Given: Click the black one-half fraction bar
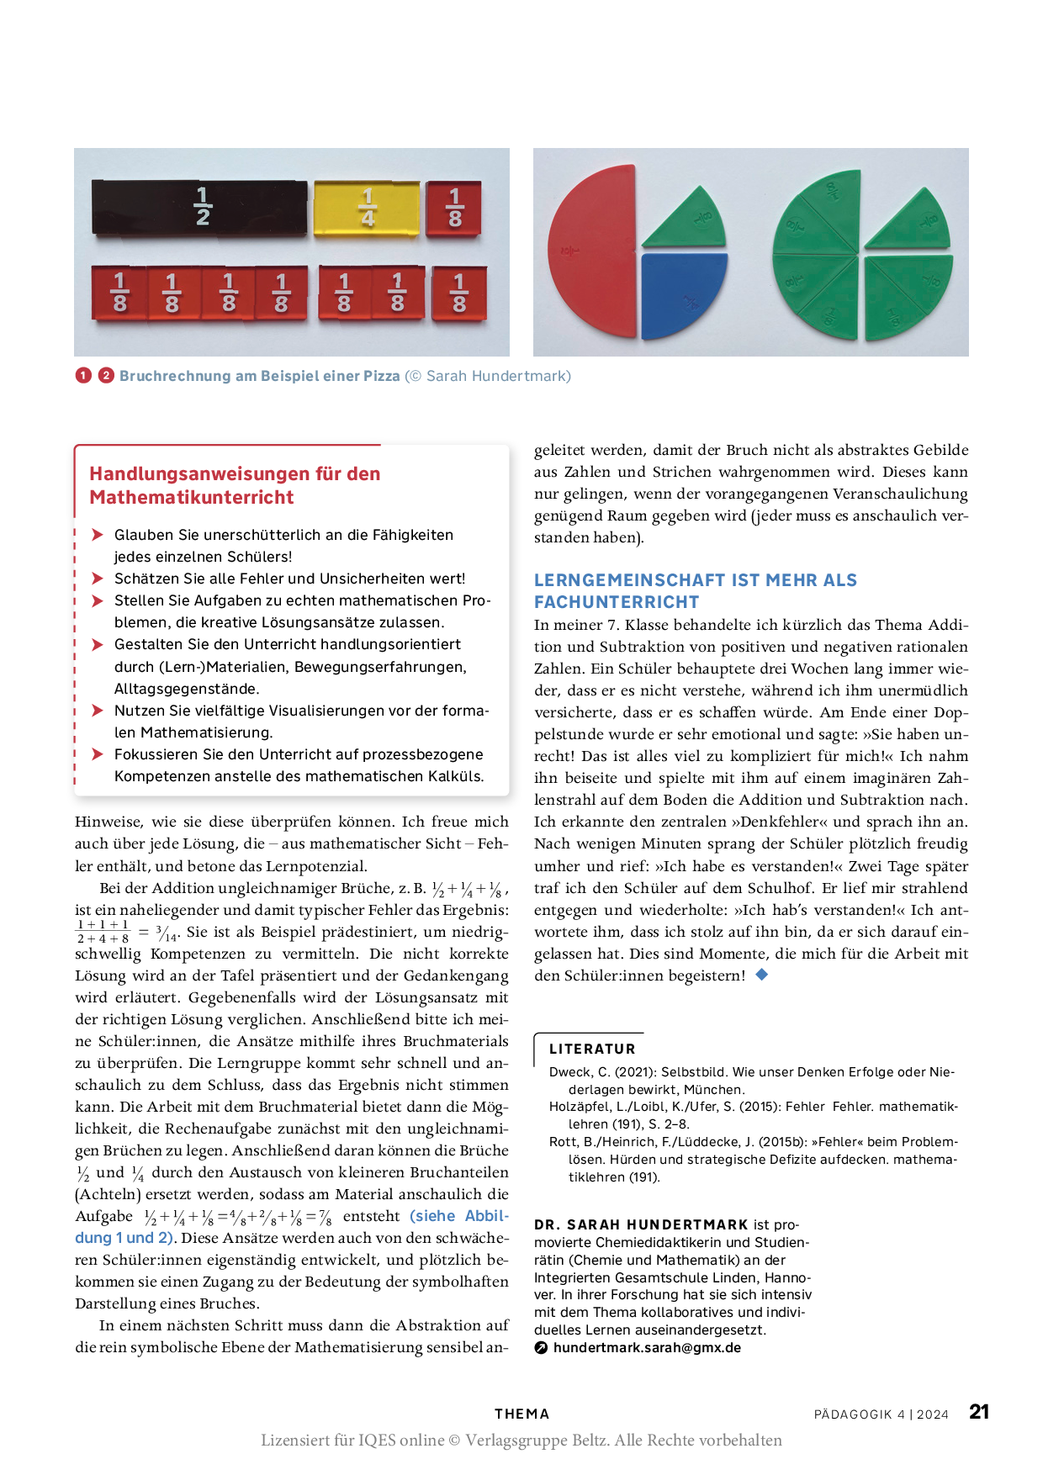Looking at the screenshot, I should tap(200, 207).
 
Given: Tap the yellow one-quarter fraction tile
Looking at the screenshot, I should tap(367, 208).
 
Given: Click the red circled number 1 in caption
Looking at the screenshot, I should tap(83, 376).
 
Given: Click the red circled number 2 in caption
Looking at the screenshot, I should tap(106, 376).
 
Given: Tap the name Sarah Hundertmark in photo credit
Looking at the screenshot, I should tap(498, 376).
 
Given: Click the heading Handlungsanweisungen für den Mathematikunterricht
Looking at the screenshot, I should tap(235, 485).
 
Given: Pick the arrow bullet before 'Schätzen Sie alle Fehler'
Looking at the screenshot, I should tap(98, 579).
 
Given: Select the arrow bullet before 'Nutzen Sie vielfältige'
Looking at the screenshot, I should tap(98, 711).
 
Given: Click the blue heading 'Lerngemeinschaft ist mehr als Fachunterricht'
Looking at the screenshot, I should tap(695, 590).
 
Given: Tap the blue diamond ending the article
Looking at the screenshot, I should tap(762, 975).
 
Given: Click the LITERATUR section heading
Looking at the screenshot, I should tap(592, 1049).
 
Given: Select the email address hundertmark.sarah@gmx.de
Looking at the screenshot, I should tap(647, 1347).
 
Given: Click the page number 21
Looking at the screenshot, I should tap(979, 1412).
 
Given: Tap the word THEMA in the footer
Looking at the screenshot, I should tap(521, 1414).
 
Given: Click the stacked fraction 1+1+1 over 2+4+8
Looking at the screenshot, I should tap(103, 932).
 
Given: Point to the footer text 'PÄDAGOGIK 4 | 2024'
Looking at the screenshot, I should tap(881, 1414).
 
